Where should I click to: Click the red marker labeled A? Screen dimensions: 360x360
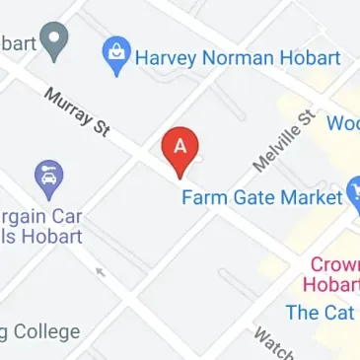pos(180,150)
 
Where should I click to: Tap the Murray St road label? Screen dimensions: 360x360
pos(75,109)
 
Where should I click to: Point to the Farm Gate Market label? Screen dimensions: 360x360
pos(260,196)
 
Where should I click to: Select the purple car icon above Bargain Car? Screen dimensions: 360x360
pos(46,179)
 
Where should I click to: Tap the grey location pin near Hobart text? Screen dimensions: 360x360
pos(59,40)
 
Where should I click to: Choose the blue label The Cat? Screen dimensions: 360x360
pos(319,313)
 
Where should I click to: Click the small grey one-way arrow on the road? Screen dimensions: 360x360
pos(99,270)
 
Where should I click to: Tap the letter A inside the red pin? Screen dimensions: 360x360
pos(180,145)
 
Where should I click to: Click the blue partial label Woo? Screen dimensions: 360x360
pos(342,124)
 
